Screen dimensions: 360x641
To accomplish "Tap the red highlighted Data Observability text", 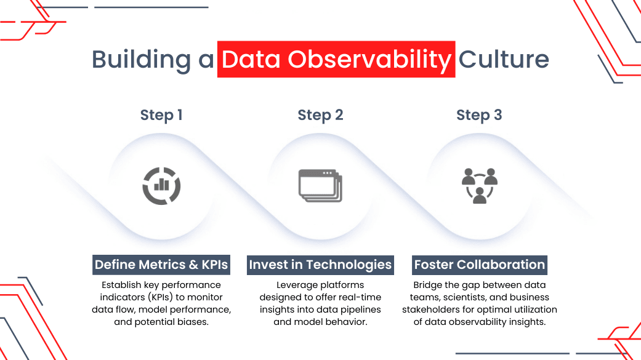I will click(x=336, y=60).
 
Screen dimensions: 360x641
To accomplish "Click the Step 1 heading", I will click(x=161, y=115).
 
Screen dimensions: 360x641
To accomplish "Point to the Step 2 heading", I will click(x=320, y=115).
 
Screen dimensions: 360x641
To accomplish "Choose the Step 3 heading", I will click(x=479, y=115).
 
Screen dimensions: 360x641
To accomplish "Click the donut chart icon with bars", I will click(x=161, y=185).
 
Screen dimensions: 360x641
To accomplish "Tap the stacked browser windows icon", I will click(x=320, y=185).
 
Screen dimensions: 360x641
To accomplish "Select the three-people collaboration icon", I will click(x=479, y=185).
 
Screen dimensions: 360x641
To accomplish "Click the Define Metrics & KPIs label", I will click(x=161, y=265).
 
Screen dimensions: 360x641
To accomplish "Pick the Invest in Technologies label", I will click(x=320, y=265).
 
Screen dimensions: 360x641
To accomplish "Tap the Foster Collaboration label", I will click(x=480, y=265).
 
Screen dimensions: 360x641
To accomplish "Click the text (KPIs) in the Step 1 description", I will click(x=165, y=297).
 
